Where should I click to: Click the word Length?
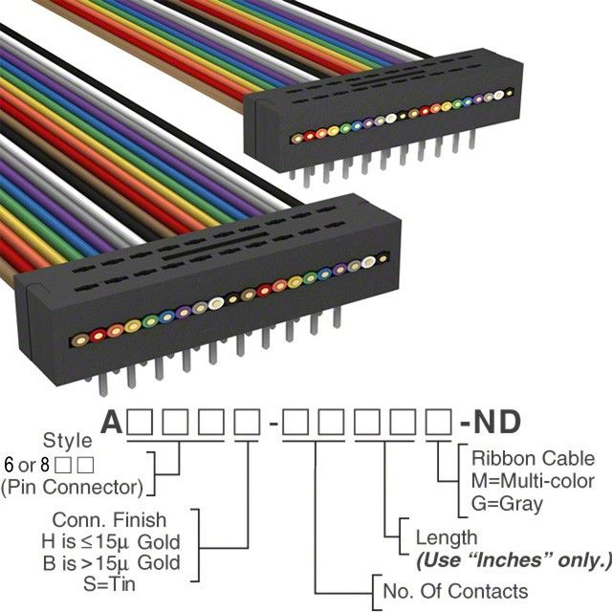tap(447, 537)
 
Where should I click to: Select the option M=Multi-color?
tap(533, 480)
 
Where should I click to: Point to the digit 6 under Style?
tap(11, 466)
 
